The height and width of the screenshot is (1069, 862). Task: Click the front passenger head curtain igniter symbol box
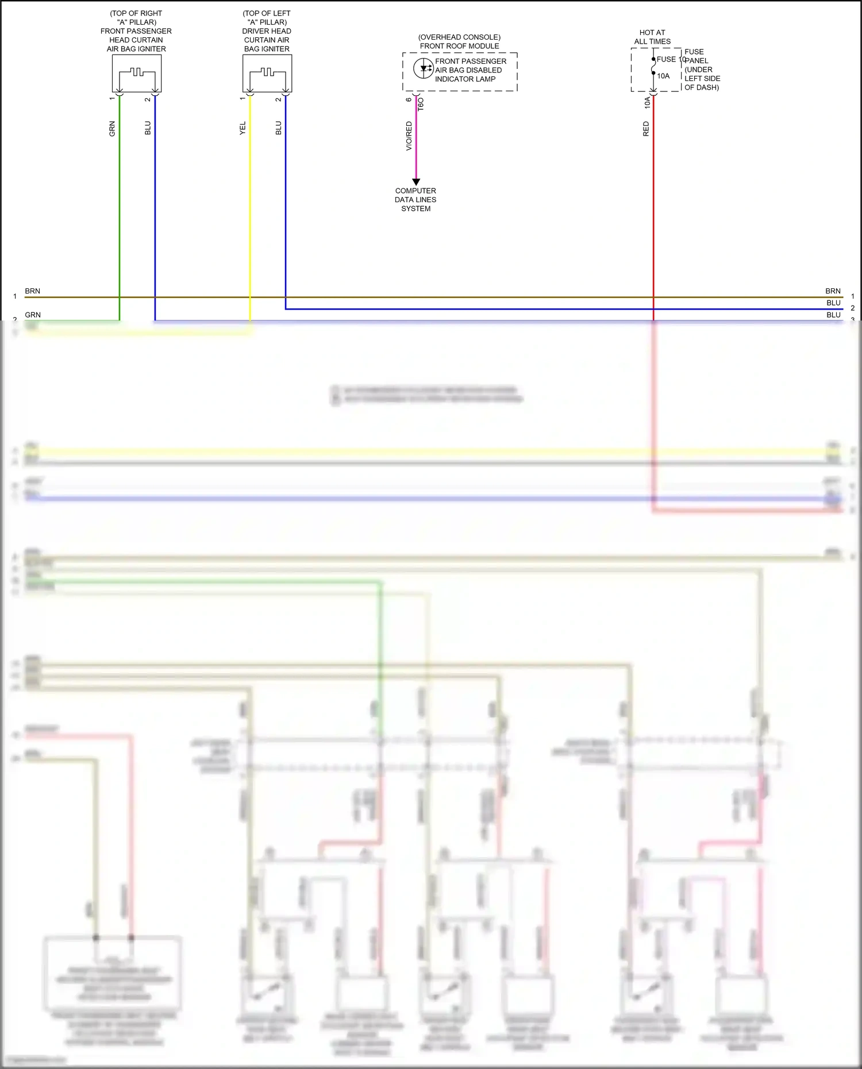click(x=137, y=74)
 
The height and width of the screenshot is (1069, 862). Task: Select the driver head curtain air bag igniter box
click(x=267, y=74)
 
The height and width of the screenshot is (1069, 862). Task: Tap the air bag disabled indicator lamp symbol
click(x=424, y=68)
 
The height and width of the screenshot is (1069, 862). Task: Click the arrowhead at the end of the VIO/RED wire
click(x=416, y=182)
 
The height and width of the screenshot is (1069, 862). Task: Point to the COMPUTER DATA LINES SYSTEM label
click(x=415, y=199)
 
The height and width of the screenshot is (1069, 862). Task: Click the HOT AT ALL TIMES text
click(x=652, y=37)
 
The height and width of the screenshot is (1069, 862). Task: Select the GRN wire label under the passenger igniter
click(x=112, y=129)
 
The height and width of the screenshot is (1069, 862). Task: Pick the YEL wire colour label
click(x=243, y=129)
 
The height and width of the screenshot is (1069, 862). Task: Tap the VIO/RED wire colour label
click(x=409, y=136)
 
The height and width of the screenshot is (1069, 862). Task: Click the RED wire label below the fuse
click(x=646, y=129)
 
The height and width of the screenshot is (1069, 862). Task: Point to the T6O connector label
click(x=421, y=104)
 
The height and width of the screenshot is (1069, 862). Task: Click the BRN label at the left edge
click(x=33, y=291)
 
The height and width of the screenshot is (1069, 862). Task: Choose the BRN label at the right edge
click(x=833, y=291)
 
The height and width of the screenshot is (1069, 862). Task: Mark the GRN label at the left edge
click(x=33, y=315)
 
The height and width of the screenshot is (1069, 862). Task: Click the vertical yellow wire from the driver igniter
click(x=250, y=207)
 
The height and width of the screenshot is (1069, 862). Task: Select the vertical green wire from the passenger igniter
click(x=120, y=207)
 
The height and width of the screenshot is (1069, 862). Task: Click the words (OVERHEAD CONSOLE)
click(x=459, y=37)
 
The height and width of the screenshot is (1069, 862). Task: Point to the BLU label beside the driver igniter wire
click(x=279, y=128)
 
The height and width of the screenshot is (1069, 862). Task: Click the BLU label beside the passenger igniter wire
click(x=148, y=128)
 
